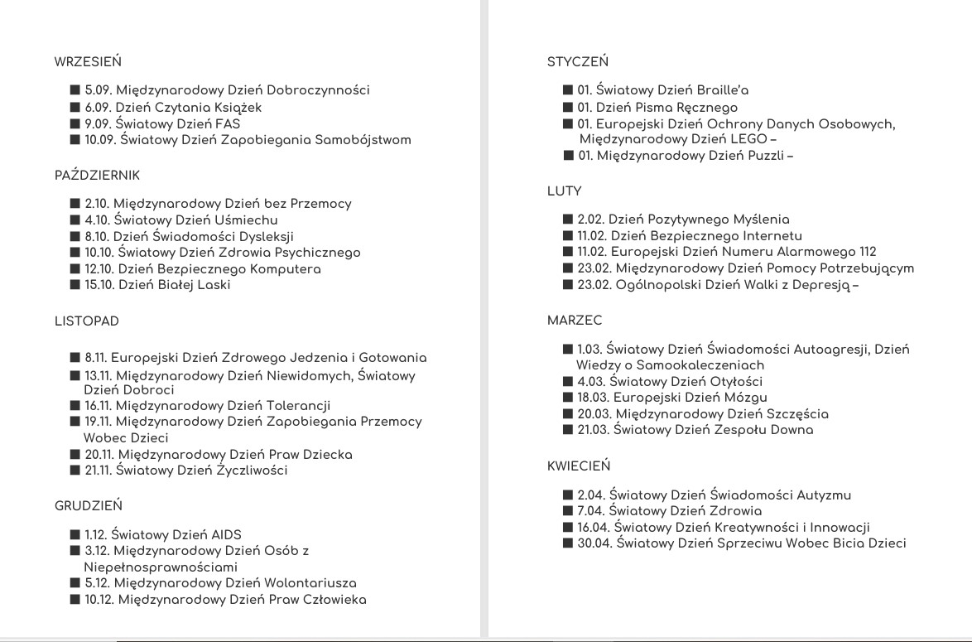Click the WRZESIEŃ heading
pos(89,61)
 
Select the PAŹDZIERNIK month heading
pos(97,176)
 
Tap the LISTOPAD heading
pos(87,321)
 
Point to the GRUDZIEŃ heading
pos(89,505)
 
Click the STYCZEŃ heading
pos(578,61)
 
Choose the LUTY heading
pos(565,191)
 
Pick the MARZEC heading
pos(575,321)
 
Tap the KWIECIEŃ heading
pos(579,466)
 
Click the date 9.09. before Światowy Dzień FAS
pos(100,123)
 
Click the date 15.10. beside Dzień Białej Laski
pos(101,285)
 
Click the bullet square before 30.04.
pos(568,543)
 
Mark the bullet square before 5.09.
pos(75,90)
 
